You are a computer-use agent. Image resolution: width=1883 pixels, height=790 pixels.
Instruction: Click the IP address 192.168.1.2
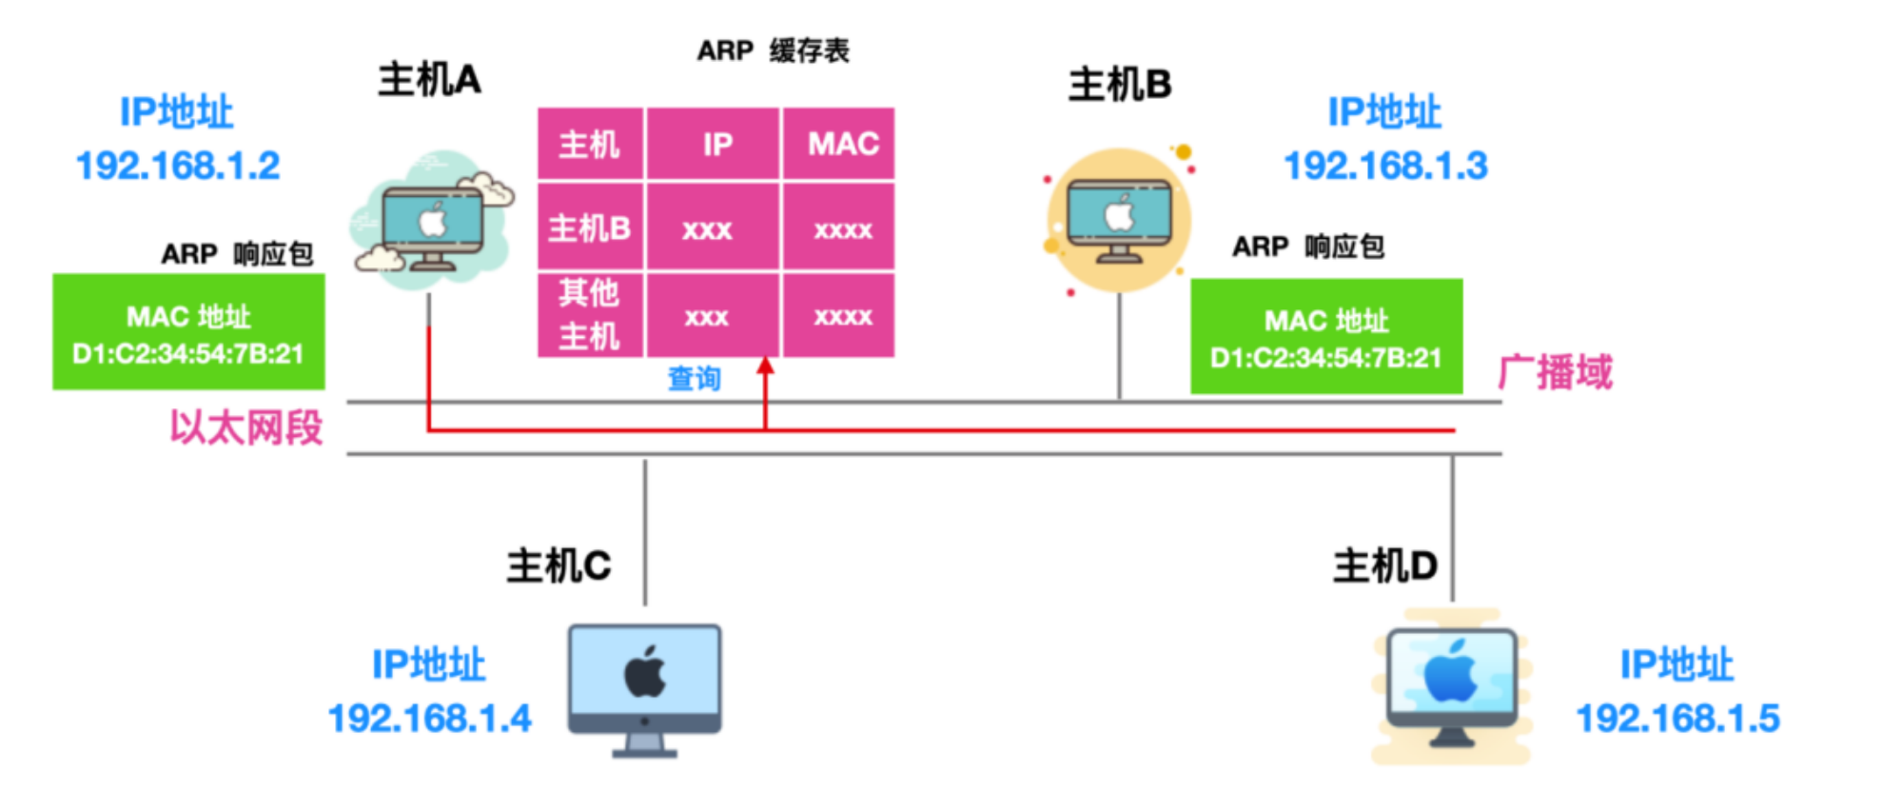click(x=178, y=167)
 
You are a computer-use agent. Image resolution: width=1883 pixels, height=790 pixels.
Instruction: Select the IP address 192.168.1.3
click(x=1385, y=167)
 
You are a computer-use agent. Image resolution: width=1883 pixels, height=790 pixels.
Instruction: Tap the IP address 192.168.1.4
click(x=429, y=719)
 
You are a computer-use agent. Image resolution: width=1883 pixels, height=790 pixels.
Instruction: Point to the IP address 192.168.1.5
click(x=1677, y=719)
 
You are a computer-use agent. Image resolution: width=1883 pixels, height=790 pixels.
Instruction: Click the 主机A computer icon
click(x=433, y=224)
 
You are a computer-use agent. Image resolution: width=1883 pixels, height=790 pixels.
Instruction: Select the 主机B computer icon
click(x=1119, y=220)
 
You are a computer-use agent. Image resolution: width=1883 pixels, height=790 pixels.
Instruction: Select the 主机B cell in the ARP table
click(x=590, y=228)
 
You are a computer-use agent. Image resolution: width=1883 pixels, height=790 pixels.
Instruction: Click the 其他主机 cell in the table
click(x=590, y=315)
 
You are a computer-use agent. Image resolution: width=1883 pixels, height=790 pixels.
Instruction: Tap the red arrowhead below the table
click(x=765, y=365)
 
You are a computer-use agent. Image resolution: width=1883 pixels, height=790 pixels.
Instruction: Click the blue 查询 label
click(x=694, y=379)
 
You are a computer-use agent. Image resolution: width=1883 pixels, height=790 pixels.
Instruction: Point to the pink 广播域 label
click(x=1555, y=372)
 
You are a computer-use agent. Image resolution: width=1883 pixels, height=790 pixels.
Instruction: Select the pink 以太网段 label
click(x=246, y=428)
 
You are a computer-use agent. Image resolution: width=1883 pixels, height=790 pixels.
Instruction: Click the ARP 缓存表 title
click(x=773, y=50)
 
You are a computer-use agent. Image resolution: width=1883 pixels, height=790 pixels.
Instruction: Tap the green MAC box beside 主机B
click(x=1326, y=337)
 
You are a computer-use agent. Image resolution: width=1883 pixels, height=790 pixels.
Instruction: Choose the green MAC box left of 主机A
click(x=188, y=332)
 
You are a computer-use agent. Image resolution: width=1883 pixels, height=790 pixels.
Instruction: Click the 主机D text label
click(x=1384, y=566)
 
